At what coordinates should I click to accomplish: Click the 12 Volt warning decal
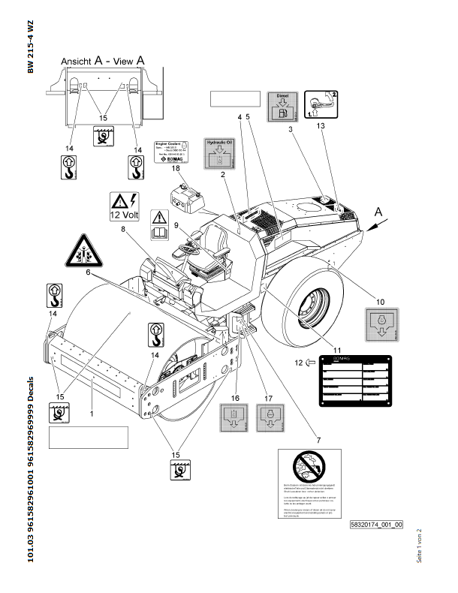point(122,205)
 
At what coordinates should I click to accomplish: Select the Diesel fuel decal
point(282,107)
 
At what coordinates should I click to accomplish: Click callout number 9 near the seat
point(176,225)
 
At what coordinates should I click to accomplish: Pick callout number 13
point(323,128)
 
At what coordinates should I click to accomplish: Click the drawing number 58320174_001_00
point(376,525)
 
